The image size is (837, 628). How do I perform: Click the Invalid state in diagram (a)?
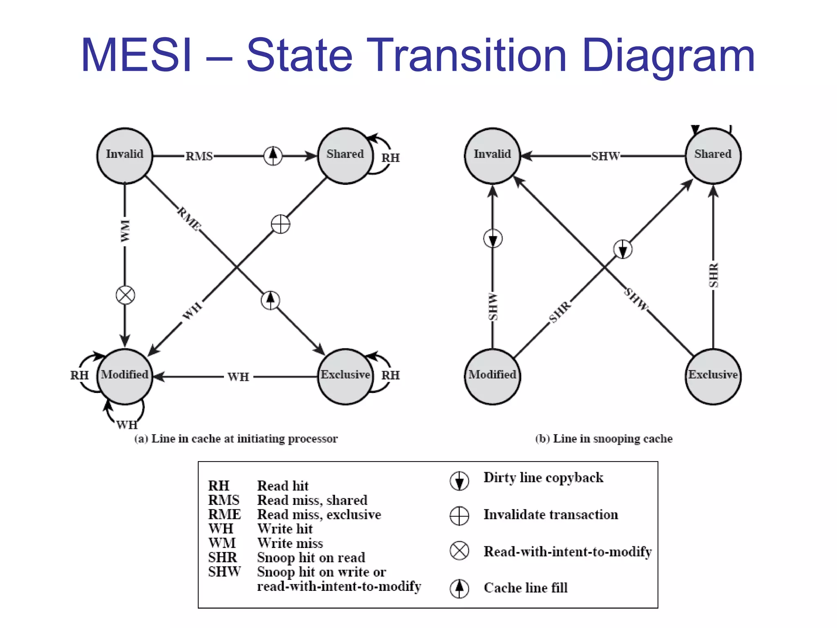(x=125, y=156)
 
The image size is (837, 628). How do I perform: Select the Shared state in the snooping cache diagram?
(x=713, y=156)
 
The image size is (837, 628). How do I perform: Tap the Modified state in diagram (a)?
(x=125, y=376)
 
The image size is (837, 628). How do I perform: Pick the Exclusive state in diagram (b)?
(x=713, y=376)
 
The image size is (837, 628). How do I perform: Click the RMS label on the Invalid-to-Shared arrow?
(x=199, y=156)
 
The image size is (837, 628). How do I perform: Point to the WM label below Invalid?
(x=125, y=231)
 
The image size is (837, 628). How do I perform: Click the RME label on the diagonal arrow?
(x=189, y=219)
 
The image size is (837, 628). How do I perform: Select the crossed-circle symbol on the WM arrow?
(x=125, y=295)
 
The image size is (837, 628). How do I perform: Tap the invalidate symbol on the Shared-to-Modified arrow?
(x=280, y=224)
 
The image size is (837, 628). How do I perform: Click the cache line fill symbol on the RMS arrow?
(x=273, y=155)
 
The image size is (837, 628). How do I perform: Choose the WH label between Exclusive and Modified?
(x=238, y=377)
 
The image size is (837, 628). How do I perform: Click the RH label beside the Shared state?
(x=390, y=158)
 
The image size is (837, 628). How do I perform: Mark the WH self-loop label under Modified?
(x=127, y=425)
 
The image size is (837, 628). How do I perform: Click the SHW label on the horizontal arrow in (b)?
(x=605, y=156)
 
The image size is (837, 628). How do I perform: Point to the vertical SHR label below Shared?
(x=714, y=275)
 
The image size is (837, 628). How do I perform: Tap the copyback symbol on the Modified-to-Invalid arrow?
(x=492, y=238)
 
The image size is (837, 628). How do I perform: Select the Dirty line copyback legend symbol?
(x=459, y=480)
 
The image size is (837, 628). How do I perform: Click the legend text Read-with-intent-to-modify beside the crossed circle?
(x=567, y=552)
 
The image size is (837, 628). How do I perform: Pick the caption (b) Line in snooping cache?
(x=604, y=439)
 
